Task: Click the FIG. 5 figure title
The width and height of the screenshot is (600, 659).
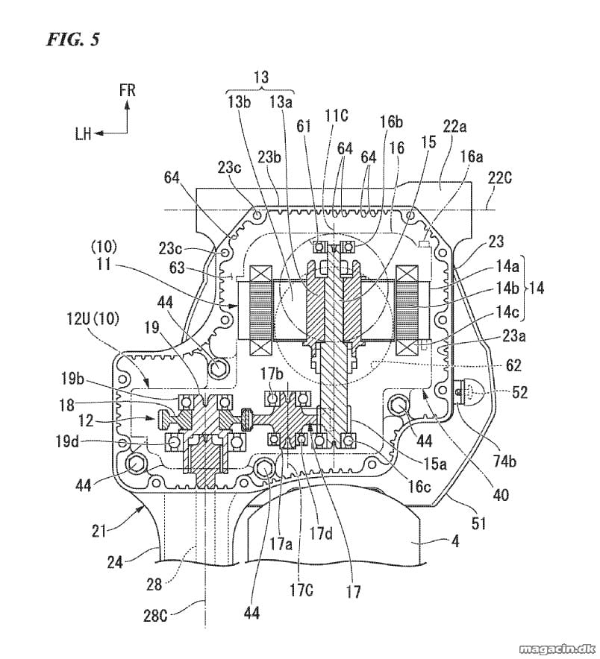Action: (x=73, y=40)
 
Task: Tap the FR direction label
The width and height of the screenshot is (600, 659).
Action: (x=127, y=90)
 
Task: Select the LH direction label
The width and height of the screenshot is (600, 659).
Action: (x=84, y=134)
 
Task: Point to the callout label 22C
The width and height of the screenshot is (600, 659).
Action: (x=499, y=179)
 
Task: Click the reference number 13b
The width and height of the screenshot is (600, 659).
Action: (x=239, y=102)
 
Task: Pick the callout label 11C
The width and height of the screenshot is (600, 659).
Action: (x=335, y=115)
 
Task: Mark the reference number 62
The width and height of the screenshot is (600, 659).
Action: (x=513, y=365)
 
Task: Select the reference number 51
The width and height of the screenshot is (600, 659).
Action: (x=479, y=523)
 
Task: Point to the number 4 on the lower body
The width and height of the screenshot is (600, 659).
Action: (x=454, y=540)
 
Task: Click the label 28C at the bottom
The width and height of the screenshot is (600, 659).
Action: (x=155, y=616)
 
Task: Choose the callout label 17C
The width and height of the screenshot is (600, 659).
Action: (x=301, y=590)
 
